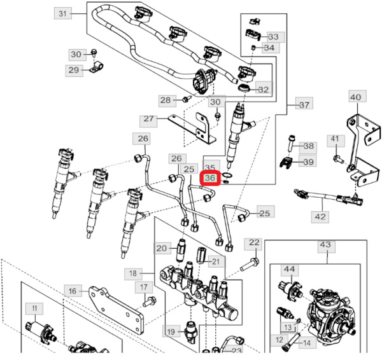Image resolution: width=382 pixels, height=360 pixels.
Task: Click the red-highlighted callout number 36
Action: coord(210,179)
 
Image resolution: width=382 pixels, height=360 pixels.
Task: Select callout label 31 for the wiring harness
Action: coord(62,13)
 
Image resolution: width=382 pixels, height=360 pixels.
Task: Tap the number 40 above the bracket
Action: coord(355,97)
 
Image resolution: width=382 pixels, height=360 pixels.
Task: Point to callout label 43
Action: coord(325,245)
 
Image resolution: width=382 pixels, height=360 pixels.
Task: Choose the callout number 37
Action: coord(304,105)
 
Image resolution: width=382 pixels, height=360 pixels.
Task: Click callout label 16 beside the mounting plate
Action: coord(73,291)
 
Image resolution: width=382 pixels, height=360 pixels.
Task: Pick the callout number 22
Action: coord(254,243)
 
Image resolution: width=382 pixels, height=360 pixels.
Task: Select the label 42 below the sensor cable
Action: coord(320,217)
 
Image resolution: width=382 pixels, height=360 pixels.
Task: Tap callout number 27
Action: coord(150,119)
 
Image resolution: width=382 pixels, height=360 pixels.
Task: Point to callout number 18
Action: coord(133,273)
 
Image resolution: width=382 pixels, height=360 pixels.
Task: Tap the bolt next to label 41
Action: coord(337,154)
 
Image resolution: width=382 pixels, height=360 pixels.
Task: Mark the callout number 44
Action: coord(289,270)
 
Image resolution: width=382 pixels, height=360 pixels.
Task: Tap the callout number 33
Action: coord(273,37)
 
